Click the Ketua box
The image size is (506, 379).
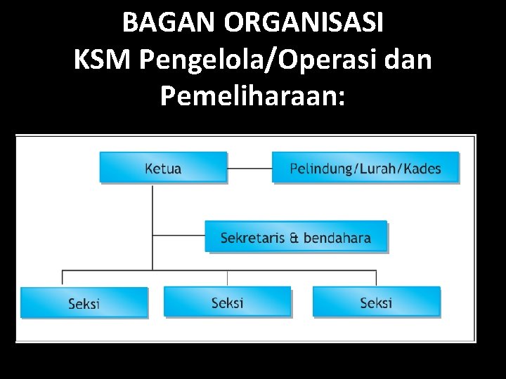tap(163, 168)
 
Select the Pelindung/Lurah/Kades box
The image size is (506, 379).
tap(365, 168)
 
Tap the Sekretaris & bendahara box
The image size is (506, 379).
tap(296, 237)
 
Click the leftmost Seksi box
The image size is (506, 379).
tap(84, 303)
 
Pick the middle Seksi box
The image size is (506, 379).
tap(227, 302)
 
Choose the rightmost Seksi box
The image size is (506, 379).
tap(376, 302)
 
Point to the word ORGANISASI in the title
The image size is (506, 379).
tap(305, 23)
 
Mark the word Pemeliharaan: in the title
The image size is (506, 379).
tap(253, 96)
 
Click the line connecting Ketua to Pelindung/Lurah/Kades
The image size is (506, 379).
tap(249, 168)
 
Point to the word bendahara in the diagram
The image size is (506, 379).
tap(335, 238)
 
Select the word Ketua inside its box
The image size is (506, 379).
tap(163, 168)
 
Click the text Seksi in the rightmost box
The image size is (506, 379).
tap(376, 302)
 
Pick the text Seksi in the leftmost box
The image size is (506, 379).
tap(84, 304)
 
